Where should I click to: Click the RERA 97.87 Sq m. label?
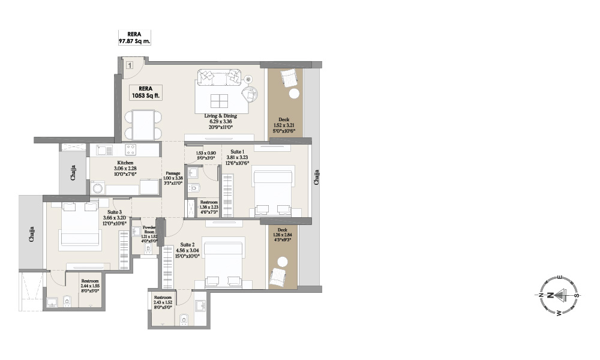click(134, 37)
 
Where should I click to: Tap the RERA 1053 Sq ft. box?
click(144, 91)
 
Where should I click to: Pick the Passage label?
click(173, 179)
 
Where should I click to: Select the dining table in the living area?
click(143, 125)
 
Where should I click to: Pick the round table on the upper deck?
click(294, 94)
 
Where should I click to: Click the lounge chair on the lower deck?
click(278, 277)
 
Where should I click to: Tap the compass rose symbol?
click(558, 295)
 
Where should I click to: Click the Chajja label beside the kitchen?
click(73, 173)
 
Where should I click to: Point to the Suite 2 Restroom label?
click(163, 302)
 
